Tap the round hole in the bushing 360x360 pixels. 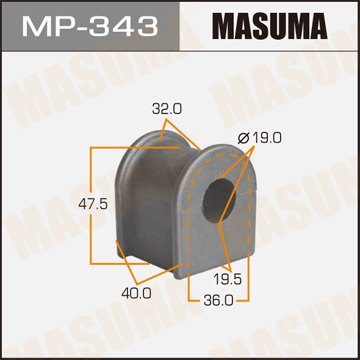218,200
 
